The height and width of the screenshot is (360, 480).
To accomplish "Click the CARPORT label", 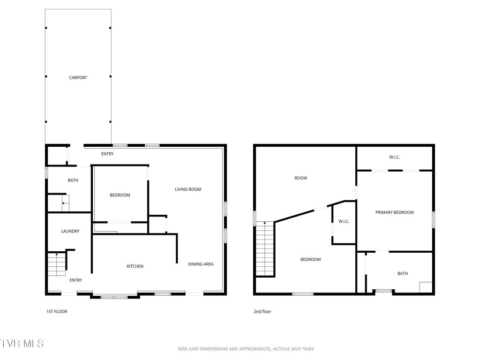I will [x=78, y=78].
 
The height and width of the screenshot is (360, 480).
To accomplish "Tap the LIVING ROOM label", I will [x=188, y=189].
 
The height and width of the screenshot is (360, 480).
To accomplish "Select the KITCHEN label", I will [x=135, y=266].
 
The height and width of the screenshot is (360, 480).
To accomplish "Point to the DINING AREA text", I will [x=201, y=264].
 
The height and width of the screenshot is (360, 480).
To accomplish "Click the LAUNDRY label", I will [x=70, y=231].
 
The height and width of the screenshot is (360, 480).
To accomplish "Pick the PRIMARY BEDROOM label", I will [x=395, y=212].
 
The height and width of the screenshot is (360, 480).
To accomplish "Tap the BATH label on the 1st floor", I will [x=73, y=180].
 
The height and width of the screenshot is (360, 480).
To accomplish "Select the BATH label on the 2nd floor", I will [x=403, y=274].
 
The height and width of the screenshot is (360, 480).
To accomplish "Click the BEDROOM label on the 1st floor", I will [x=120, y=195].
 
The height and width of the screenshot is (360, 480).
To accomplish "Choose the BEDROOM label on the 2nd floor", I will [x=310, y=259].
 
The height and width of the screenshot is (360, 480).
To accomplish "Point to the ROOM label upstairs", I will [x=300, y=178].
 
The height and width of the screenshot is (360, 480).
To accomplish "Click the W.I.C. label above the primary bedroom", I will [x=394, y=157].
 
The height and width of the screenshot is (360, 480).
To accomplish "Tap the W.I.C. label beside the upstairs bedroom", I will [x=344, y=221].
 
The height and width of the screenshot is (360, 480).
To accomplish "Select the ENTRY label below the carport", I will [x=107, y=154].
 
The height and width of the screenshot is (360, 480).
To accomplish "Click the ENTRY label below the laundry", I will [x=76, y=280].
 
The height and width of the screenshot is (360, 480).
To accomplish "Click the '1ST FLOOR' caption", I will [x=56, y=311].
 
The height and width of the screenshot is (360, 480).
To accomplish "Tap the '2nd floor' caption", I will [x=262, y=311].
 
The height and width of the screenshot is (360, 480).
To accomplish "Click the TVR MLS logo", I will [x=22, y=344].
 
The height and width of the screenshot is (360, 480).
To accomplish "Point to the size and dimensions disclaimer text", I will [x=246, y=349].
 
